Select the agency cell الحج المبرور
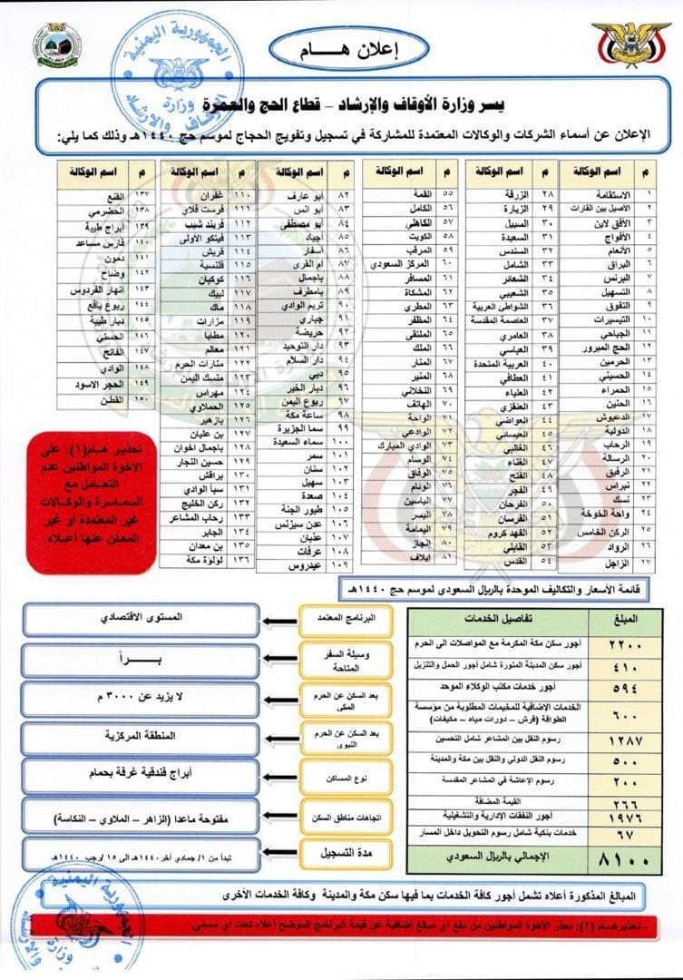pos(600,348)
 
